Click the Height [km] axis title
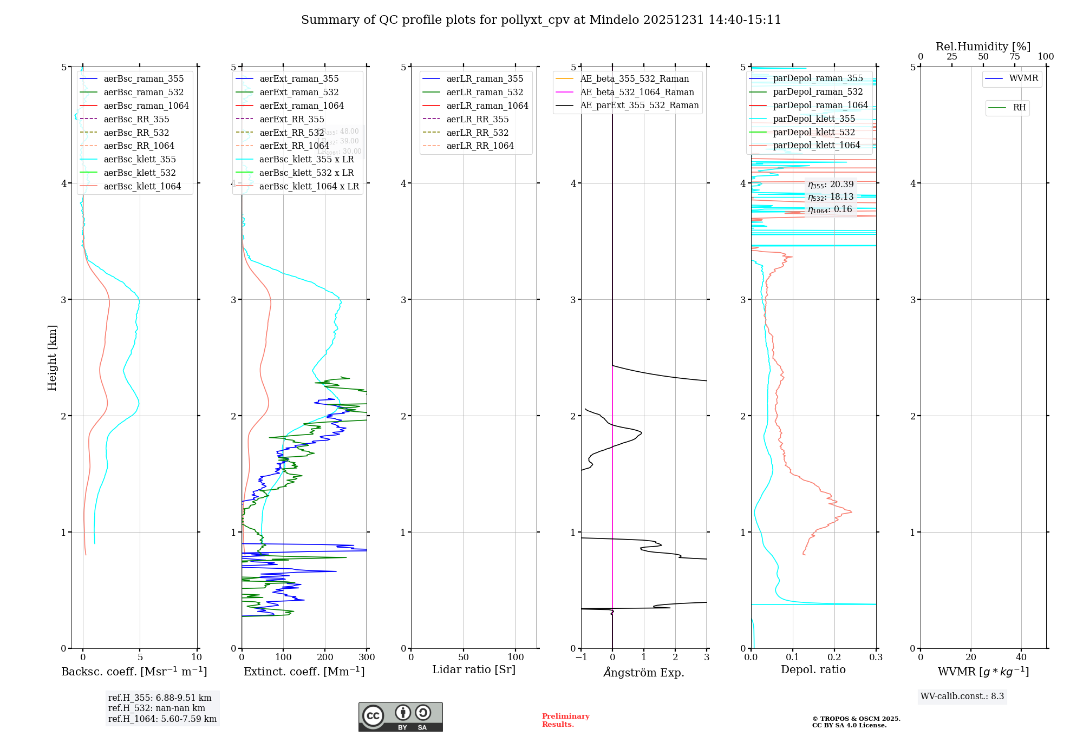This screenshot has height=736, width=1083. [x=52, y=358]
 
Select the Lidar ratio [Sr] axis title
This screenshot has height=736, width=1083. [x=474, y=670]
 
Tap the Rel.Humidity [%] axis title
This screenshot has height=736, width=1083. [x=983, y=47]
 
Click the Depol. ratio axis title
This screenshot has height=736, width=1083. [x=813, y=670]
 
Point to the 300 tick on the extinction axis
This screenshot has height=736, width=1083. [x=367, y=658]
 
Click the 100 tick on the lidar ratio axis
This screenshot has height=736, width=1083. [x=516, y=658]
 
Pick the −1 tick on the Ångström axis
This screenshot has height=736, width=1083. [x=581, y=658]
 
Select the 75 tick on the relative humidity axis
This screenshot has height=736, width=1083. [x=1014, y=57]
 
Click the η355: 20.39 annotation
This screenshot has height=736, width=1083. [x=830, y=185]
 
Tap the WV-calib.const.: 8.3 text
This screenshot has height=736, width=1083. [x=962, y=696]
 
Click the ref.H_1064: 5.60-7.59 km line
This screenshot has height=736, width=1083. [x=162, y=719]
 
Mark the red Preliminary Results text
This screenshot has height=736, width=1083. [x=565, y=720]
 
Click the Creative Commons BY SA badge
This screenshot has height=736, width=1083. [x=400, y=717]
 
